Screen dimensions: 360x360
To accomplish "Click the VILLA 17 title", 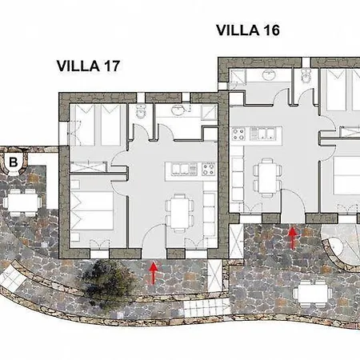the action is click(x=88, y=66).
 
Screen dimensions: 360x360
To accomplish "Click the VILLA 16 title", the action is click(x=248, y=30).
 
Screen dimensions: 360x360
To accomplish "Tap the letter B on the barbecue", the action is click(x=14, y=162).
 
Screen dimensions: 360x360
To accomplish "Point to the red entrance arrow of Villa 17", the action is click(x=153, y=273).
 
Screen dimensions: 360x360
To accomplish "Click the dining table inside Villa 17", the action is click(x=179, y=214).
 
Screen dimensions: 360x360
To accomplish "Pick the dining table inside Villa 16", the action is click(x=267, y=178).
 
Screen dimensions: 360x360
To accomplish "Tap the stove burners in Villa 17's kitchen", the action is click(x=209, y=169).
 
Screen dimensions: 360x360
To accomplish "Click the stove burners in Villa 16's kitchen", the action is click(x=238, y=134).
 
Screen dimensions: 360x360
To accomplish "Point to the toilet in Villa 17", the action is click(x=141, y=111).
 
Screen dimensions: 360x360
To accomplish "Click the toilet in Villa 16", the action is click(x=306, y=74).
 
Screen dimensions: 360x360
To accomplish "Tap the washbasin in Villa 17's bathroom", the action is click(x=178, y=110).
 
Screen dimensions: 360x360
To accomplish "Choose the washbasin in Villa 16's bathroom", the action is click(x=268, y=74).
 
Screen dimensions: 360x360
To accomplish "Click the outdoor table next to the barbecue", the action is click(x=22, y=202).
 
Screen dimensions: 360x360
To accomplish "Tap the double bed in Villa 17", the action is click(x=92, y=210).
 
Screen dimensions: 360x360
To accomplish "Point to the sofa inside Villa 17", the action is click(x=210, y=214).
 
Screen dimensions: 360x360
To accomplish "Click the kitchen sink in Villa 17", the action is click(x=181, y=170).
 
